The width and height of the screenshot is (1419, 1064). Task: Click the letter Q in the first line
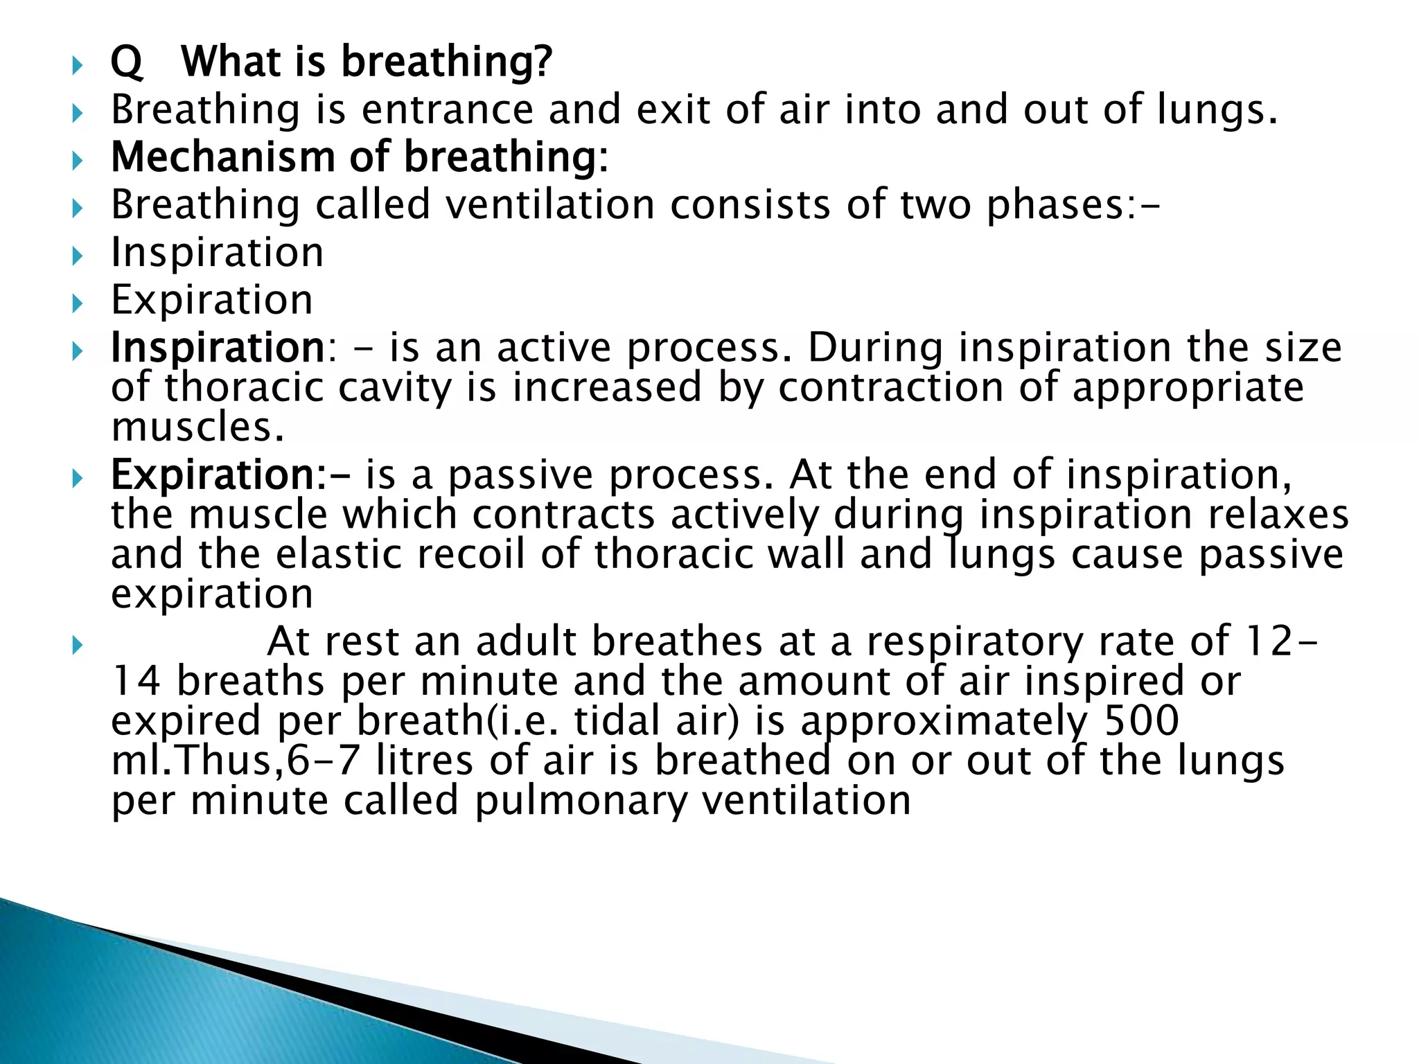(x=126, y=62)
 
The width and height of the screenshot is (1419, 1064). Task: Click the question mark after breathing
(x=541, y=61)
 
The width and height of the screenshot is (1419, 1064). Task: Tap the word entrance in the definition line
(x=448, y=109)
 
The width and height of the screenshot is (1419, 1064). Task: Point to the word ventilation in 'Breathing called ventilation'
(x=549, y=205)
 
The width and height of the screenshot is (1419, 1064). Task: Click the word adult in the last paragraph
(x=526, y=641)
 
